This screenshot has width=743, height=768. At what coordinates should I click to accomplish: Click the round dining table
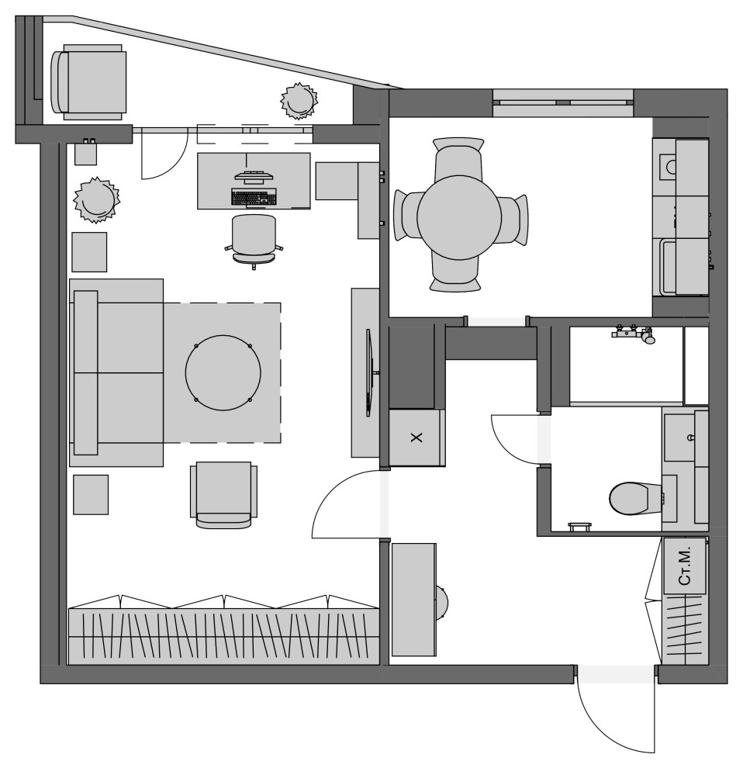point(459,217)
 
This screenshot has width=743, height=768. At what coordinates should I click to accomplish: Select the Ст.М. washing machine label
point(685,566)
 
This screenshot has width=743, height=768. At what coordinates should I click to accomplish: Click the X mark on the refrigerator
point(416,438)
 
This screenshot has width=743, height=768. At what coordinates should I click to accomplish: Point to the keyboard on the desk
point(254,197)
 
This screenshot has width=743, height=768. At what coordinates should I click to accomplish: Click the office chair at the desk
point(254,241)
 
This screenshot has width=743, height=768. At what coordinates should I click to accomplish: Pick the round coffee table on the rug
point(223,372)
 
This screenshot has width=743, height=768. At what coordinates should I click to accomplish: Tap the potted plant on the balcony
point(299,100)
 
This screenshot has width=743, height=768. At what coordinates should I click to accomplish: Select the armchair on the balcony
point(88,81)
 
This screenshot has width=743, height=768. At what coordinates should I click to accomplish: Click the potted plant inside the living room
point(96,200)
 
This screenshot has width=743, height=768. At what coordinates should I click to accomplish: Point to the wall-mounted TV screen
point(370,372)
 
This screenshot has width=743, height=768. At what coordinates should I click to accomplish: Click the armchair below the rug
point(224,495)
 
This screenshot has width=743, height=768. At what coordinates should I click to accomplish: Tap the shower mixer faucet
point(634,333)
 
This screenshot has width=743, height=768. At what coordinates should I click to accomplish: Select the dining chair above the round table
point(458,157)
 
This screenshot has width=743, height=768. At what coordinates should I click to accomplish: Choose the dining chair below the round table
point(454,275)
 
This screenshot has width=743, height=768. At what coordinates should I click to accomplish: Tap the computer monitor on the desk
point(253,175)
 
